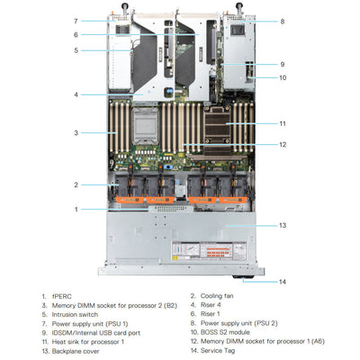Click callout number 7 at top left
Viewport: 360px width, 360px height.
click(76, 20)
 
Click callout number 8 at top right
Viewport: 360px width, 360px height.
click(282, 21)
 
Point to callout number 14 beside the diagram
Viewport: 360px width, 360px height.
click(282, 282)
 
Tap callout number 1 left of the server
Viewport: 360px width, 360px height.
click(76, 209)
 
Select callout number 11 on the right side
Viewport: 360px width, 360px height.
click(282, 123)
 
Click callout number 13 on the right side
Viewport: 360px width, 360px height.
click(282, 225)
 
